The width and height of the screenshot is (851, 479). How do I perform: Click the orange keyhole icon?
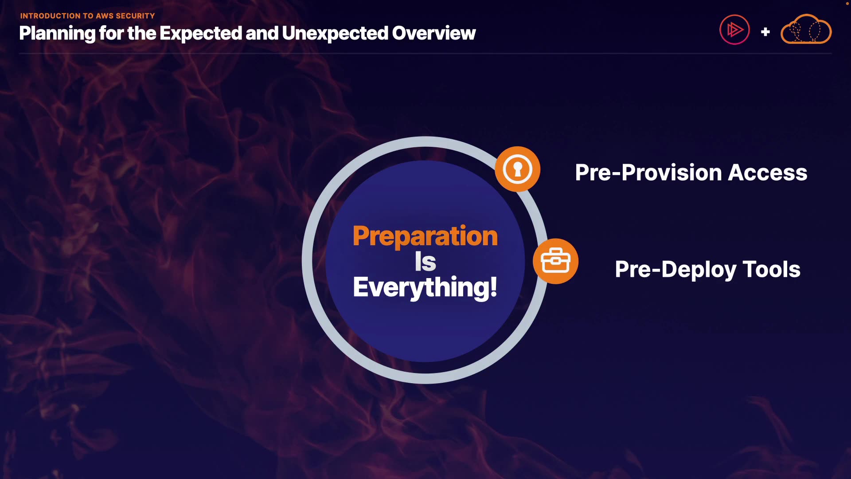click(517, 169)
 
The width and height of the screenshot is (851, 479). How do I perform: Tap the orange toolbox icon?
click(555, 261)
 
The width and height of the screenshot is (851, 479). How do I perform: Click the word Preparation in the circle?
click(425, 236)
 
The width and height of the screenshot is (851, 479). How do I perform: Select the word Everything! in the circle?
click(425, 288)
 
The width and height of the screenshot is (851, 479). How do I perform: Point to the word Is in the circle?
click(425, 262)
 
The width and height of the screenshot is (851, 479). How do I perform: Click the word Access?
click(768, 173)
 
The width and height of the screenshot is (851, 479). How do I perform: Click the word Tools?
click(771, 269)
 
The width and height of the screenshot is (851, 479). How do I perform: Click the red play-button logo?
click(734, 30)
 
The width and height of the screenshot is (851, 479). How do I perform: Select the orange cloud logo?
click(806, 29)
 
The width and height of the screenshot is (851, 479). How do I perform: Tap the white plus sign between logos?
click(765, 32)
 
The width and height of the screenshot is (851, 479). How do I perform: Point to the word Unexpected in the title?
click(334, 34)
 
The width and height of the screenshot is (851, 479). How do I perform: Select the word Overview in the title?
click(433, 33)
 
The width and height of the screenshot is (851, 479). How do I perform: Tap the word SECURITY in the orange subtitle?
click(135, 16)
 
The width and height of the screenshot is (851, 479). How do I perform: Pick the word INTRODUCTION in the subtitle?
click(51, 16)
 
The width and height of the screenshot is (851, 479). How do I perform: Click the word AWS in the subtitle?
click(105, 16)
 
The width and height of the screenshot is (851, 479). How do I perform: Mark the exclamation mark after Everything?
click(494, 287)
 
